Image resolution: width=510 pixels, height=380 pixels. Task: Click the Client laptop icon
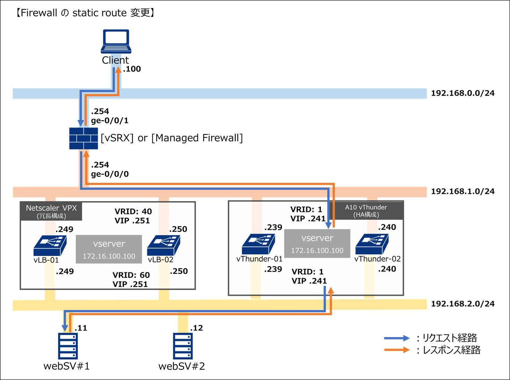[116, 41]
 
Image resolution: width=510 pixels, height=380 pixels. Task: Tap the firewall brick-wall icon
[83, 138]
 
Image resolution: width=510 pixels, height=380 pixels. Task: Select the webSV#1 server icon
[68, 346]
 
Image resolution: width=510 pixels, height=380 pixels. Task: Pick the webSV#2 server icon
[183, 346]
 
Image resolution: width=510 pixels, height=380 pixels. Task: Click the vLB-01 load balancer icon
[50, 246]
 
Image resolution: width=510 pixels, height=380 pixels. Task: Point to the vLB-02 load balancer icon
[164, 246]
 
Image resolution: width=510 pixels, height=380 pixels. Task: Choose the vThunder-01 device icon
[258, 244]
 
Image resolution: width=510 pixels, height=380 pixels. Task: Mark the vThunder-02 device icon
[372, 244]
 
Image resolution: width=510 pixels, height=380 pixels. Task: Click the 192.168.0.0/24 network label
[462, 93]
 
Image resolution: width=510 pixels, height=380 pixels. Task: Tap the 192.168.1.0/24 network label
[462, 191]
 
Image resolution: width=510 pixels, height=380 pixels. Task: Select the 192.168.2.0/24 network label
[462, 304]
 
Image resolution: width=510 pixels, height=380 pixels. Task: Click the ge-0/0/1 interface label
[110, 121]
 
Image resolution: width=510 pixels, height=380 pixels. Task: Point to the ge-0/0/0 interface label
[110, 174]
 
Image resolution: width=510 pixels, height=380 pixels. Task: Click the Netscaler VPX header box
[51, 211]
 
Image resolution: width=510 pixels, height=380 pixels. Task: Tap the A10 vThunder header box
[366, 211]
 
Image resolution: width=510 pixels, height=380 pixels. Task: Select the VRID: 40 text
[133, 211]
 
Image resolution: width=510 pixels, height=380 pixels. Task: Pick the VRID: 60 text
[131, 275]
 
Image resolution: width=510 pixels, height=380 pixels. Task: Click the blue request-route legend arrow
[396, 338]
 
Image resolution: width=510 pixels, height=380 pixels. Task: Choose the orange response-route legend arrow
[396, 350]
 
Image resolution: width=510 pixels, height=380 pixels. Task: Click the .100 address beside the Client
[132, 69]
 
